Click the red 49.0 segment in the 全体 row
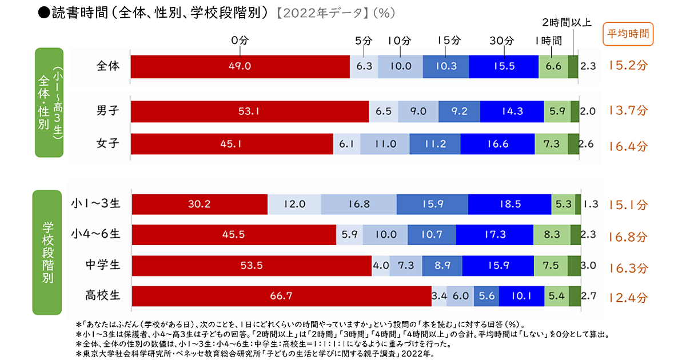click(240, 66)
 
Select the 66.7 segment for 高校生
click(281, 296)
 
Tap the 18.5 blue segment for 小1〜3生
click(510, 204)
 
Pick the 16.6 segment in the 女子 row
click(497, 144)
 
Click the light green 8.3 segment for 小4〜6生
click(552, 234)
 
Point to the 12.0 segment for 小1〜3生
click(294, 204)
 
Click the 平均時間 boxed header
click(628, 34)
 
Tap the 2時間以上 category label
click(567, 23)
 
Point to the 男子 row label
click(108, 111)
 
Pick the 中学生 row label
click(103, 265)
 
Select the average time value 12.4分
click(628, 298)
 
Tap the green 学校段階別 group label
click(47, 253)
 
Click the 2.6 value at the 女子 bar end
click(586, 144)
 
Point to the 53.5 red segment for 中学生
click(252, 266)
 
